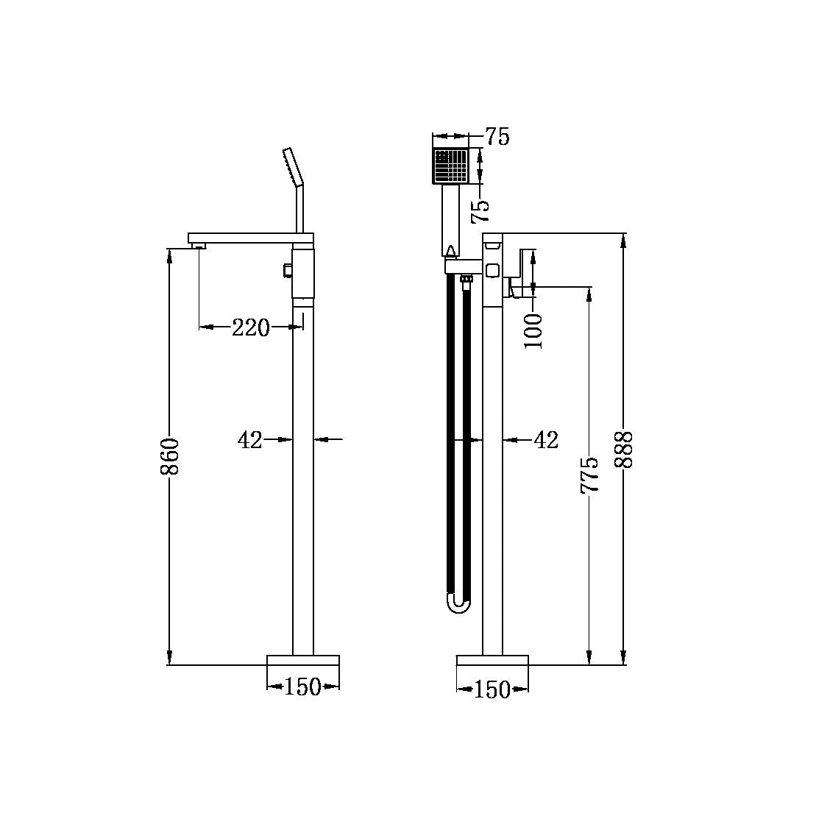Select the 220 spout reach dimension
point(251,327)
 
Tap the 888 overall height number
point(623,449)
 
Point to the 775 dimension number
point(589,475)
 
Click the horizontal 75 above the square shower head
point(497,137)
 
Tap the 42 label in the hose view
point(545,440)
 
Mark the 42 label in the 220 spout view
point(250,440)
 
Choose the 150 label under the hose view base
point(492,689)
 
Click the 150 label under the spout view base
point(302,687)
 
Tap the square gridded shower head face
point(450,166)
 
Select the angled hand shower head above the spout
point(291,166)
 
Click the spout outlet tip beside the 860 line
point(197,246)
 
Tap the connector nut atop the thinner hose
point(466,279)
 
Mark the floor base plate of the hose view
point(492,659)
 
